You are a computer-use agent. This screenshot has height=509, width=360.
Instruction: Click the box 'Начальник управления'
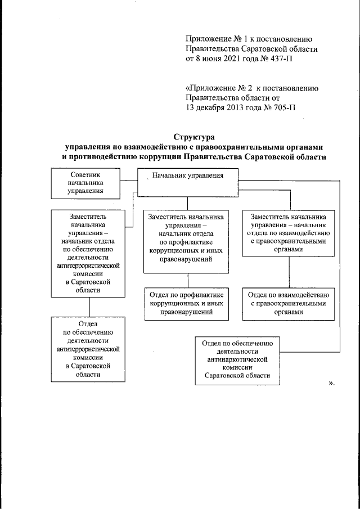coord(187,183)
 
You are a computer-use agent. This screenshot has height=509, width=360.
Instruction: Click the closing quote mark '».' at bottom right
coord(331,384)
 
